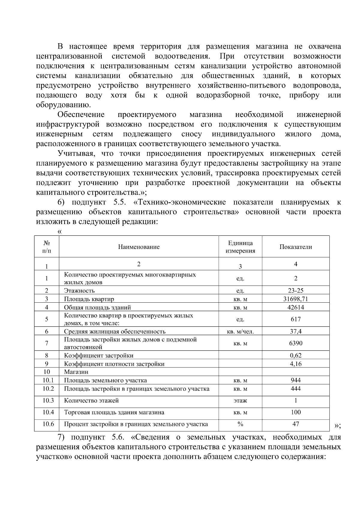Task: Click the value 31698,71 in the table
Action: tap(295, 299)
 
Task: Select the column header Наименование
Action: tap(139, 247)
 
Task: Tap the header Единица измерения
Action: tap(240, 247)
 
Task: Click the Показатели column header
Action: tap(295, 247)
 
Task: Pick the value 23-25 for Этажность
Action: tap(295, 290)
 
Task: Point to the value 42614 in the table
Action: tap(295, 307)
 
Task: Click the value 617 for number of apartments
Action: tap(295, 319)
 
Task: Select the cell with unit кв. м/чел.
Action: tap(240, 331)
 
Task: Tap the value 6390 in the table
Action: tap(295, 343)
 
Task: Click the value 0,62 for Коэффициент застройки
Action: tap(295, 355)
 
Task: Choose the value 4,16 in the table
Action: tap(295, 364)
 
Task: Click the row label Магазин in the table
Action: tap(76, 372)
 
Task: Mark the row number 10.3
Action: tap(48, 400)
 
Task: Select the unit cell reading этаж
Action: tap(240, 401)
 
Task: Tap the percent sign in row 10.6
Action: tap(240, 424)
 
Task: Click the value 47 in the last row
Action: tap(295, 424)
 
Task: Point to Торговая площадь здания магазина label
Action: tap(114, 412)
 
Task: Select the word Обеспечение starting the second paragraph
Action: tap(81, 115)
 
